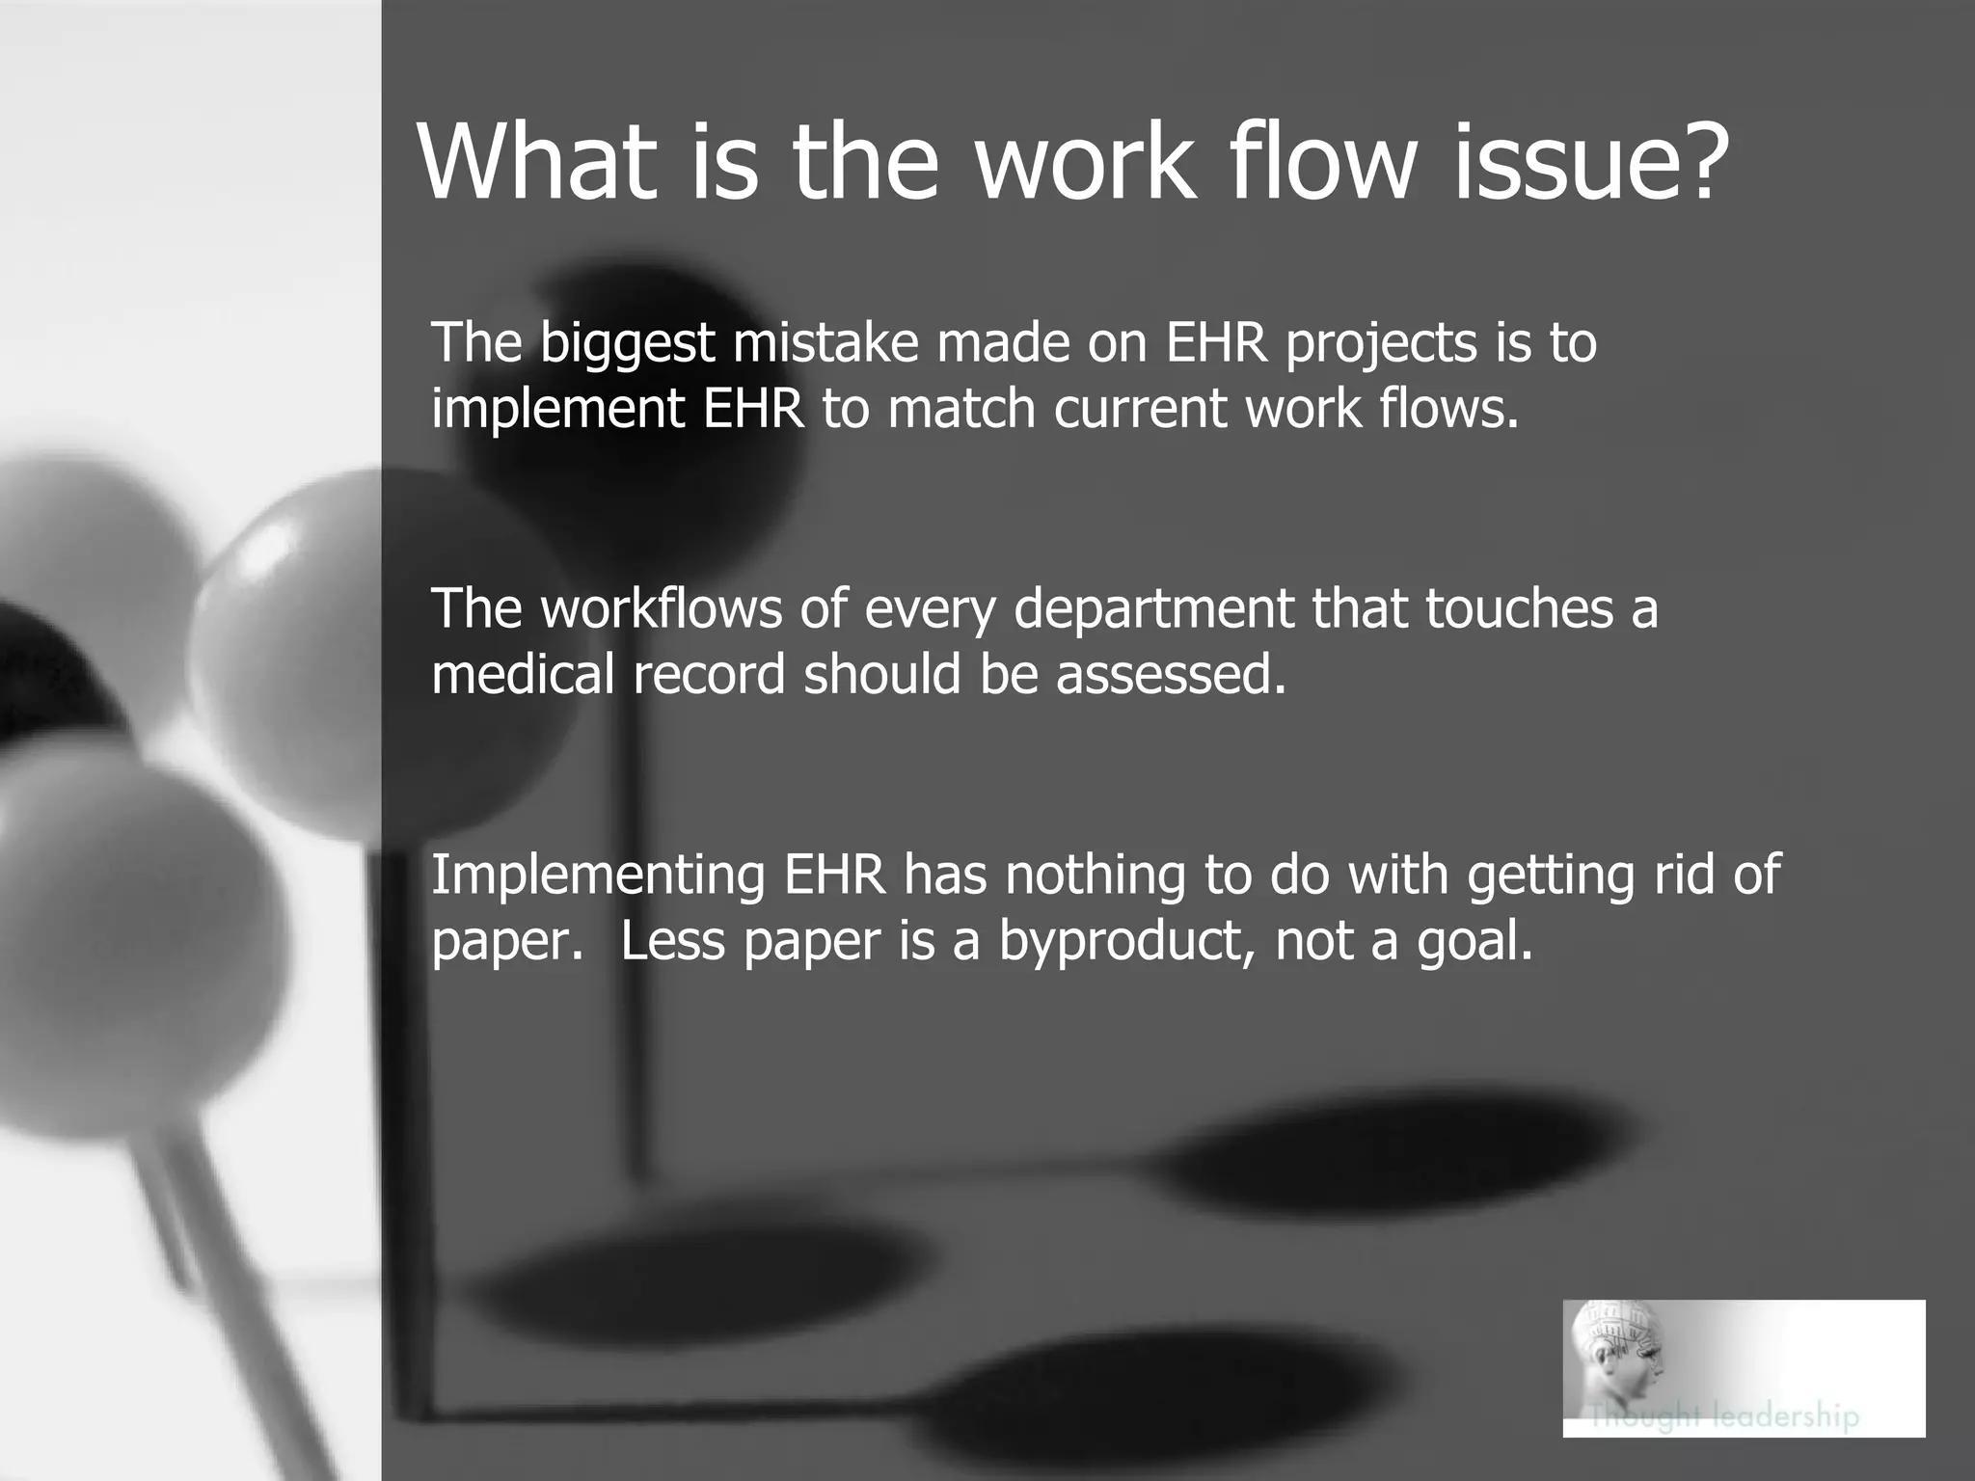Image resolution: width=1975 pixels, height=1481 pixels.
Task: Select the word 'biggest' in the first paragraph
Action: pyautogui.click(x=627, y=345)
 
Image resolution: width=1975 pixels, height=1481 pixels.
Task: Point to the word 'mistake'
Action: pyautogui.click(x=825, y=343)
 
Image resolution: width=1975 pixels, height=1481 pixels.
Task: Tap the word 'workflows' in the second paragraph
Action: pyautogui.click(x=661, y=609)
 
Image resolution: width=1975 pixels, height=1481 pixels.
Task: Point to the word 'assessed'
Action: pyautogui.click(x=1171, y=674)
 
